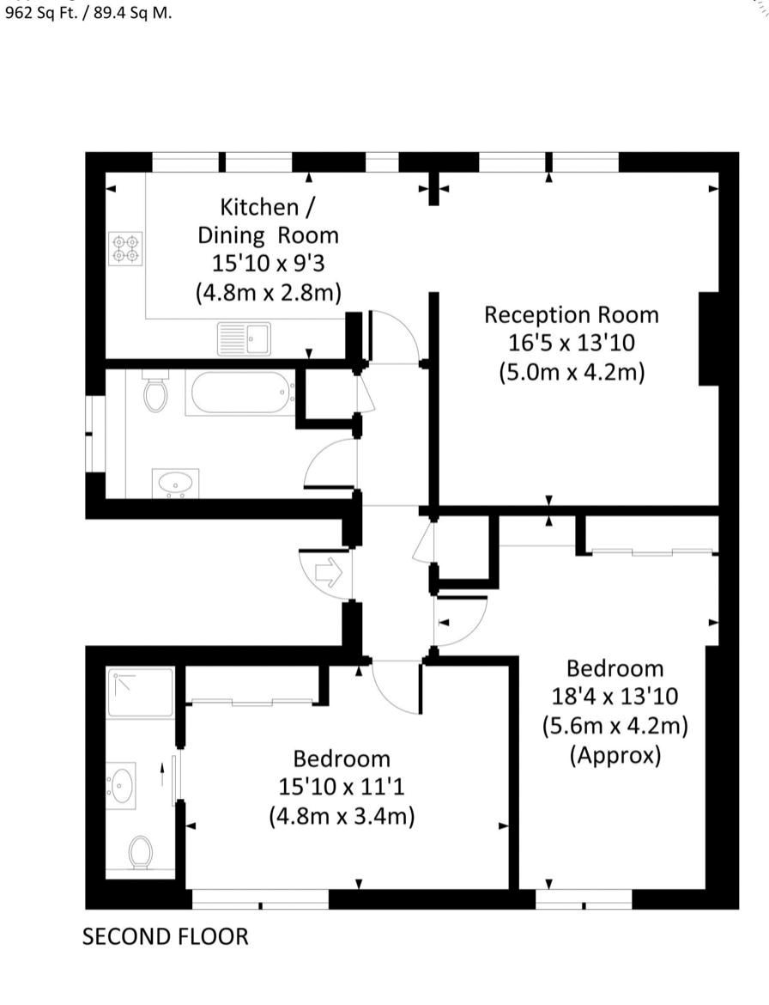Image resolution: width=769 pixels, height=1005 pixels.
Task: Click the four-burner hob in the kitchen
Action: click(x=125, y=249)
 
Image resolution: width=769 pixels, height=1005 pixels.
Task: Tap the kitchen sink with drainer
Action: click(x=244, y=338)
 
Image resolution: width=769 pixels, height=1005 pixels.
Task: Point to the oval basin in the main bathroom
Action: click(x=175, y=483)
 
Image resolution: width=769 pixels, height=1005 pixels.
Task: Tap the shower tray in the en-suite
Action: click(x=140, y=692)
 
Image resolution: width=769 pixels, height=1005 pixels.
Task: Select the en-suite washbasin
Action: click(x=121, y=785)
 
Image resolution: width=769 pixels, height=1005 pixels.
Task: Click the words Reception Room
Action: click(x=571, y=314)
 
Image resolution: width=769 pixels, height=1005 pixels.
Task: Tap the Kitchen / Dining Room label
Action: click(x=269, y=221)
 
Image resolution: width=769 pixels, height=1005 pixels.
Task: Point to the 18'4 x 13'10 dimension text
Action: click(x=615, y=696)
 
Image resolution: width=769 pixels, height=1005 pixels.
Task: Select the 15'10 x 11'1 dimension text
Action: click(x=342, y=787)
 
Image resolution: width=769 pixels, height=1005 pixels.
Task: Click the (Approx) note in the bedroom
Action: click(x=615, y=755)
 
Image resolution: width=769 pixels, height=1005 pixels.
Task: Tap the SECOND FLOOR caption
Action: click(x=165, y=937)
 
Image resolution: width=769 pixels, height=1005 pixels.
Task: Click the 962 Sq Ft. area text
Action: click(x=39, y=14)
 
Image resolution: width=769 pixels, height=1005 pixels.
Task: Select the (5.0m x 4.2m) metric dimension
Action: click(x=571, y=372)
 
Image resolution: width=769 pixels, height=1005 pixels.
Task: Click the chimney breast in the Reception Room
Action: click(x=709, y=339)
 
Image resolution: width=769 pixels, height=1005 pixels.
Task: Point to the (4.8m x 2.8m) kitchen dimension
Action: click(x=269, y=292)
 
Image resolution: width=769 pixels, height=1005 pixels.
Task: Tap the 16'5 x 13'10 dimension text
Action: click(x=571, y=343)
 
